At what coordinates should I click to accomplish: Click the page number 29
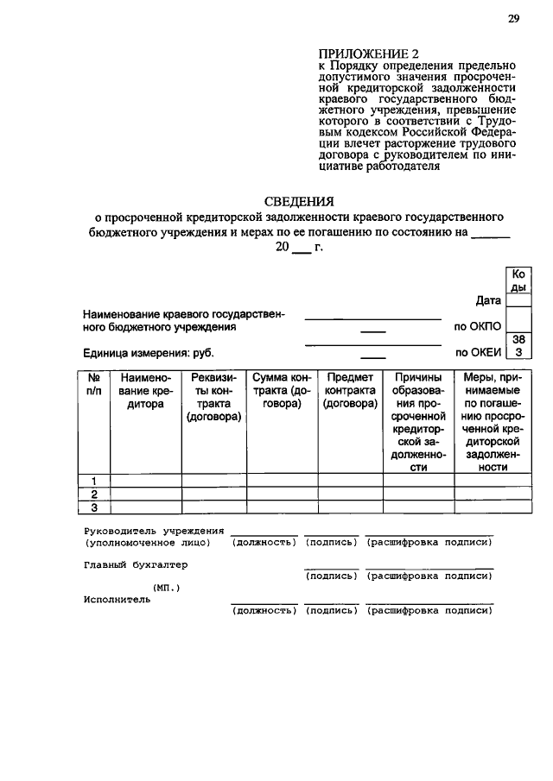pos(513,19)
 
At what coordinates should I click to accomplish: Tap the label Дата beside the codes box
pos(488,301)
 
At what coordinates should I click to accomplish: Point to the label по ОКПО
pos(477,328)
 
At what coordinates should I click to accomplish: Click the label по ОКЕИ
pos(478,352)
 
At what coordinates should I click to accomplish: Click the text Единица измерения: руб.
pos(149,353)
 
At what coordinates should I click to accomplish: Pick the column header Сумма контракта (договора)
pos(281,391)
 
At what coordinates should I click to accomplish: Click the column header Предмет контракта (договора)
pos(349,391)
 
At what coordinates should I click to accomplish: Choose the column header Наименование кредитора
pos(146,391)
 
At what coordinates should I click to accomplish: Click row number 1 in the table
pos(94,481)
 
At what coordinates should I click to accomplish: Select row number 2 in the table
pos(94,494)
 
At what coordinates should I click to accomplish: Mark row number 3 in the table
pos(94,507)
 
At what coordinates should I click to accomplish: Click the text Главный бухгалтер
pos(136,564)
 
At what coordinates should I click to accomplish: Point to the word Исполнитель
pos(118,600)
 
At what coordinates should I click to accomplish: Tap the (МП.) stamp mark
pos(167,588)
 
